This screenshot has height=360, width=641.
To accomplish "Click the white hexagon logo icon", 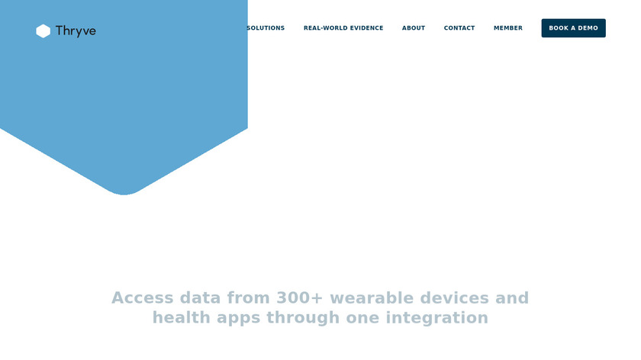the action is [x=43, y=31].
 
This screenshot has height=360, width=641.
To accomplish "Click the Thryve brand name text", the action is [x=76, y=31].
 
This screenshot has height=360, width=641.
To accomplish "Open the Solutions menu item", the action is [x=266, y=28].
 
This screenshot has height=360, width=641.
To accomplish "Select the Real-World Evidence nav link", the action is [x=343, y=28].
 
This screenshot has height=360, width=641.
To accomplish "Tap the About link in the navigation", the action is [x=414, y=28].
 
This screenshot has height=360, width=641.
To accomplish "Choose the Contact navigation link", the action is [x=459, y=28].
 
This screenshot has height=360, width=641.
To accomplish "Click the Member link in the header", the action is [x=508, y=28].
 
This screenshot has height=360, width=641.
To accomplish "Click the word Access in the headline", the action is [x=143, y=298].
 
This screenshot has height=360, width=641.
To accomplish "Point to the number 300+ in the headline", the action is [x=300, y=298].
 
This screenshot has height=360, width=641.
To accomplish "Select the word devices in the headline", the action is [x=455, y=298].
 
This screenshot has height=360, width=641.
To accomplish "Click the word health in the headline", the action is [x=182, y=317].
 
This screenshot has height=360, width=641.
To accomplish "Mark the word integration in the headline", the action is [x=437, y=318].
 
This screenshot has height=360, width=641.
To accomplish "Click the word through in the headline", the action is [x=303, y=318].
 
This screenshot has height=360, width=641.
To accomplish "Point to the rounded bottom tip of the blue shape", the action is [x=124, y=194].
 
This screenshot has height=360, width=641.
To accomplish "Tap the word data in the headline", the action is [x=200, y=298].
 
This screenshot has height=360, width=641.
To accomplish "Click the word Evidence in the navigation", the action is [x=367, y=28].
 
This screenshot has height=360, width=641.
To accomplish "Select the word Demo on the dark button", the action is [x=588, y=28].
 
